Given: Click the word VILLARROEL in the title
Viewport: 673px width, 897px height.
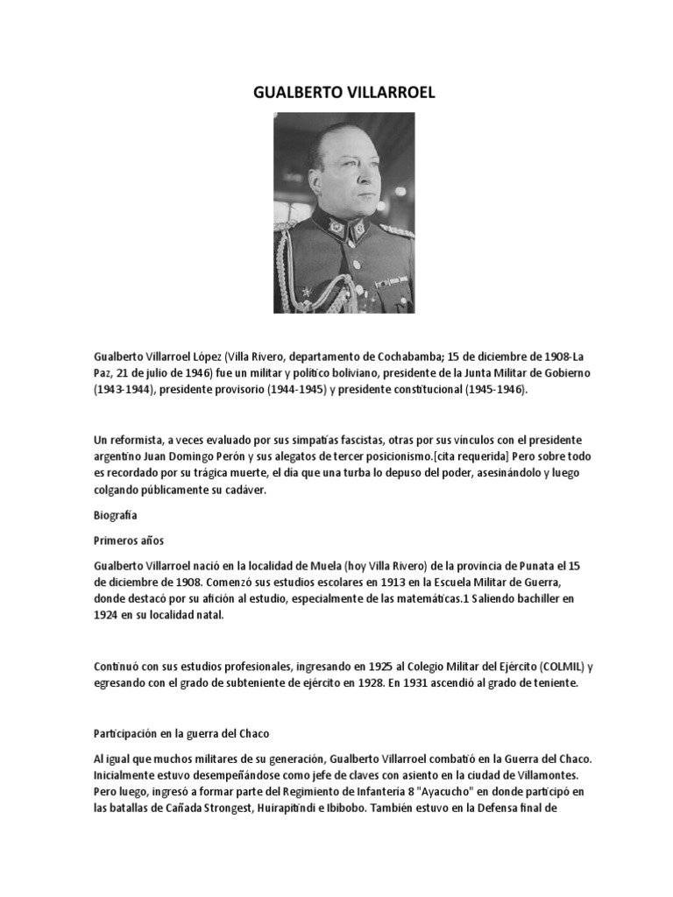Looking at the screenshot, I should (x=387, y=93).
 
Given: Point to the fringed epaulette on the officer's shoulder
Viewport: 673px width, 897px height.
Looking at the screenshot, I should (x=399, y=230).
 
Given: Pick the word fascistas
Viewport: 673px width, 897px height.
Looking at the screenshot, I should (x=346, y=439).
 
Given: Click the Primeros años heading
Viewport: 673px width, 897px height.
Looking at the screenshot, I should (x=128, y=541).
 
